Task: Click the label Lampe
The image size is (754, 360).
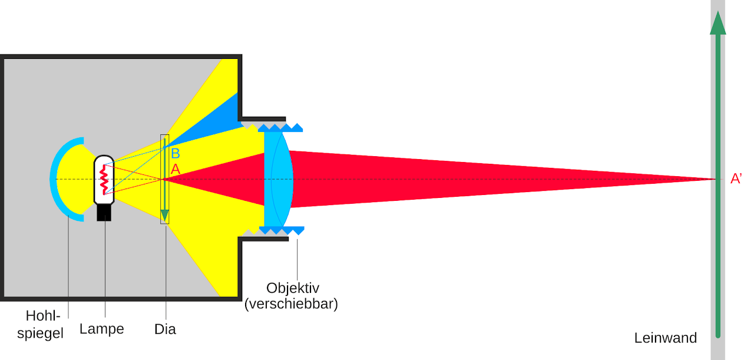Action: coord(102,329)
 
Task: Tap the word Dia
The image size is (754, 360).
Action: coord(165,329)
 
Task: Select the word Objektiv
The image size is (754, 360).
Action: coord(293,288)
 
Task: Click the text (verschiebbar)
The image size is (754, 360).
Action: coord(291,304)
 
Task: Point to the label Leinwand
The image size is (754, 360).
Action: coord(666,338)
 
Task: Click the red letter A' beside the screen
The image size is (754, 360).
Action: coord(736,179)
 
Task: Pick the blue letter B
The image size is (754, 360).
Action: coord(176,154)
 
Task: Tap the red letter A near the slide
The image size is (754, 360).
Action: coord(176,169)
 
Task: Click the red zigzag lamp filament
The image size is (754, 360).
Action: coord(104,180)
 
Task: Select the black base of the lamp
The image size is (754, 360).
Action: coord(104,213)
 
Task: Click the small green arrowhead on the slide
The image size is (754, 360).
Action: coord(164,215)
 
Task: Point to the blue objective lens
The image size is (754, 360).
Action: coord(279,179)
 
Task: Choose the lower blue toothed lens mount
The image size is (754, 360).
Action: coord(282,230)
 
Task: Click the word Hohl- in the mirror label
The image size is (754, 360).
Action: coord(43,316)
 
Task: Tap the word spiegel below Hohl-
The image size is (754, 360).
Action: coord(41,333)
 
